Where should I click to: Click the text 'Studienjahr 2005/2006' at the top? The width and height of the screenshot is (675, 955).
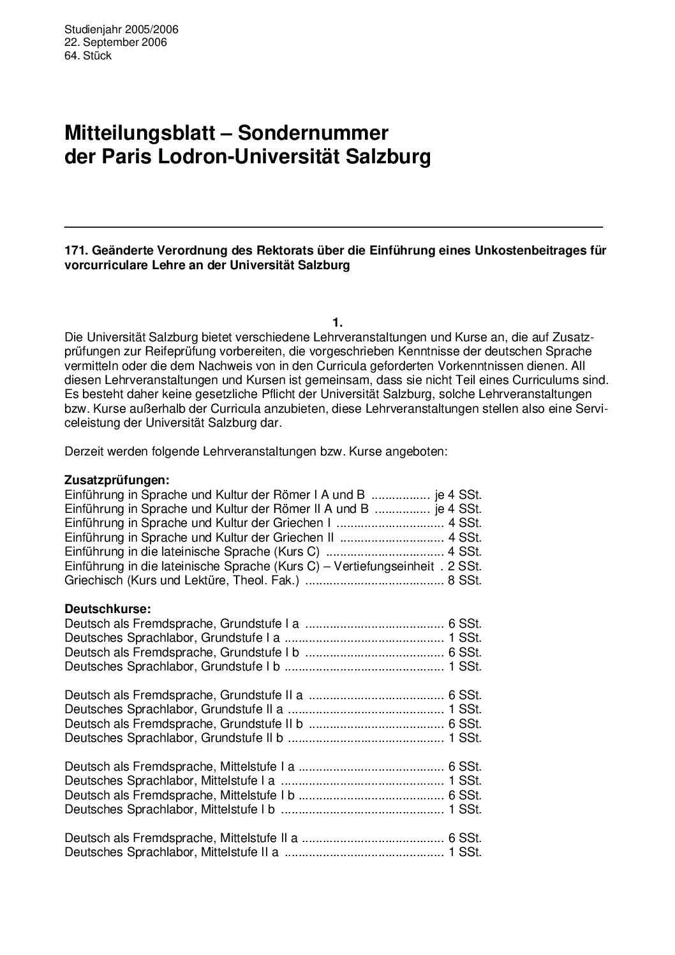121,29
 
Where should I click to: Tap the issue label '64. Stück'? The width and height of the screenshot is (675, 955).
88,56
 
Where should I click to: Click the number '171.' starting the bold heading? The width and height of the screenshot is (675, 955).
75,251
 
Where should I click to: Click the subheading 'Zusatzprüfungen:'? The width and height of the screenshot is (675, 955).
108,479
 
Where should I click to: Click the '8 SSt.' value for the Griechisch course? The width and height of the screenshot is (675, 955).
465,581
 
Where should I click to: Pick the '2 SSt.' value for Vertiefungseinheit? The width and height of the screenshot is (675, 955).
465,566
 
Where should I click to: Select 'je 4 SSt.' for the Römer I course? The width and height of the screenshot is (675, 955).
458,494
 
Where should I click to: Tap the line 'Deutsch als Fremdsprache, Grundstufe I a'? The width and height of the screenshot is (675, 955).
182,623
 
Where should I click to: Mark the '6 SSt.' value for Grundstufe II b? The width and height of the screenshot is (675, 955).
465,723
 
